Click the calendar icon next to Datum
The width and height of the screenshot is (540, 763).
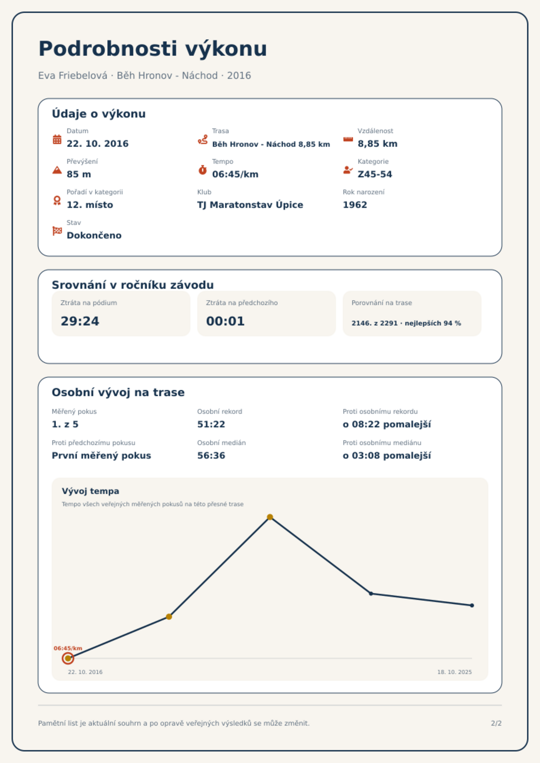click(57, 139)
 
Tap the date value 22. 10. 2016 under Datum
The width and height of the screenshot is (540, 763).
click(98, 144)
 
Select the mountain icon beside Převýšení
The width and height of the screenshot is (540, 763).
click(57, 170)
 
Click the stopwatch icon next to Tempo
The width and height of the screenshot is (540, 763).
click(203, 170)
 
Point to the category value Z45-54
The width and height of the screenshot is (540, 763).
click(375, 174)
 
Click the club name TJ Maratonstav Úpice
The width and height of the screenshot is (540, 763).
click(250, 205)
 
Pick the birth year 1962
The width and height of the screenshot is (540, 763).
click(355, 205)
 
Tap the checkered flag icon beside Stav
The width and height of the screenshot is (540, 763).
click(57, 231)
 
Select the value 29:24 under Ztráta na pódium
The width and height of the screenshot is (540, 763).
click(80, 321)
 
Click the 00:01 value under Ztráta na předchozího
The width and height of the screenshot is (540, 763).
click(225, 321)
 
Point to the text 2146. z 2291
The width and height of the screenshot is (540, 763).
click(374, 323)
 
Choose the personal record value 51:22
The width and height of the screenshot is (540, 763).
click(211, 424)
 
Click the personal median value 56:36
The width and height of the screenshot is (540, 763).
click(211, 456)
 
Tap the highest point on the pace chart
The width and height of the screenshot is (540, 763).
click(270, 517)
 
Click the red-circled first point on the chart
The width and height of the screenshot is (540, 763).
click(68, 658)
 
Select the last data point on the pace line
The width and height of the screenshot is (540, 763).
click(472, 605)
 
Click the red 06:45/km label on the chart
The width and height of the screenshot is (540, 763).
click(68, 648)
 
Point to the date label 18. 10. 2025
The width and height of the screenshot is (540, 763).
click(454, 672)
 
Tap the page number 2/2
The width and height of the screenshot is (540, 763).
click(496, 723)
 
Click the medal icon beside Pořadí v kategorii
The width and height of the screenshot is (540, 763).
click(57, 200)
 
